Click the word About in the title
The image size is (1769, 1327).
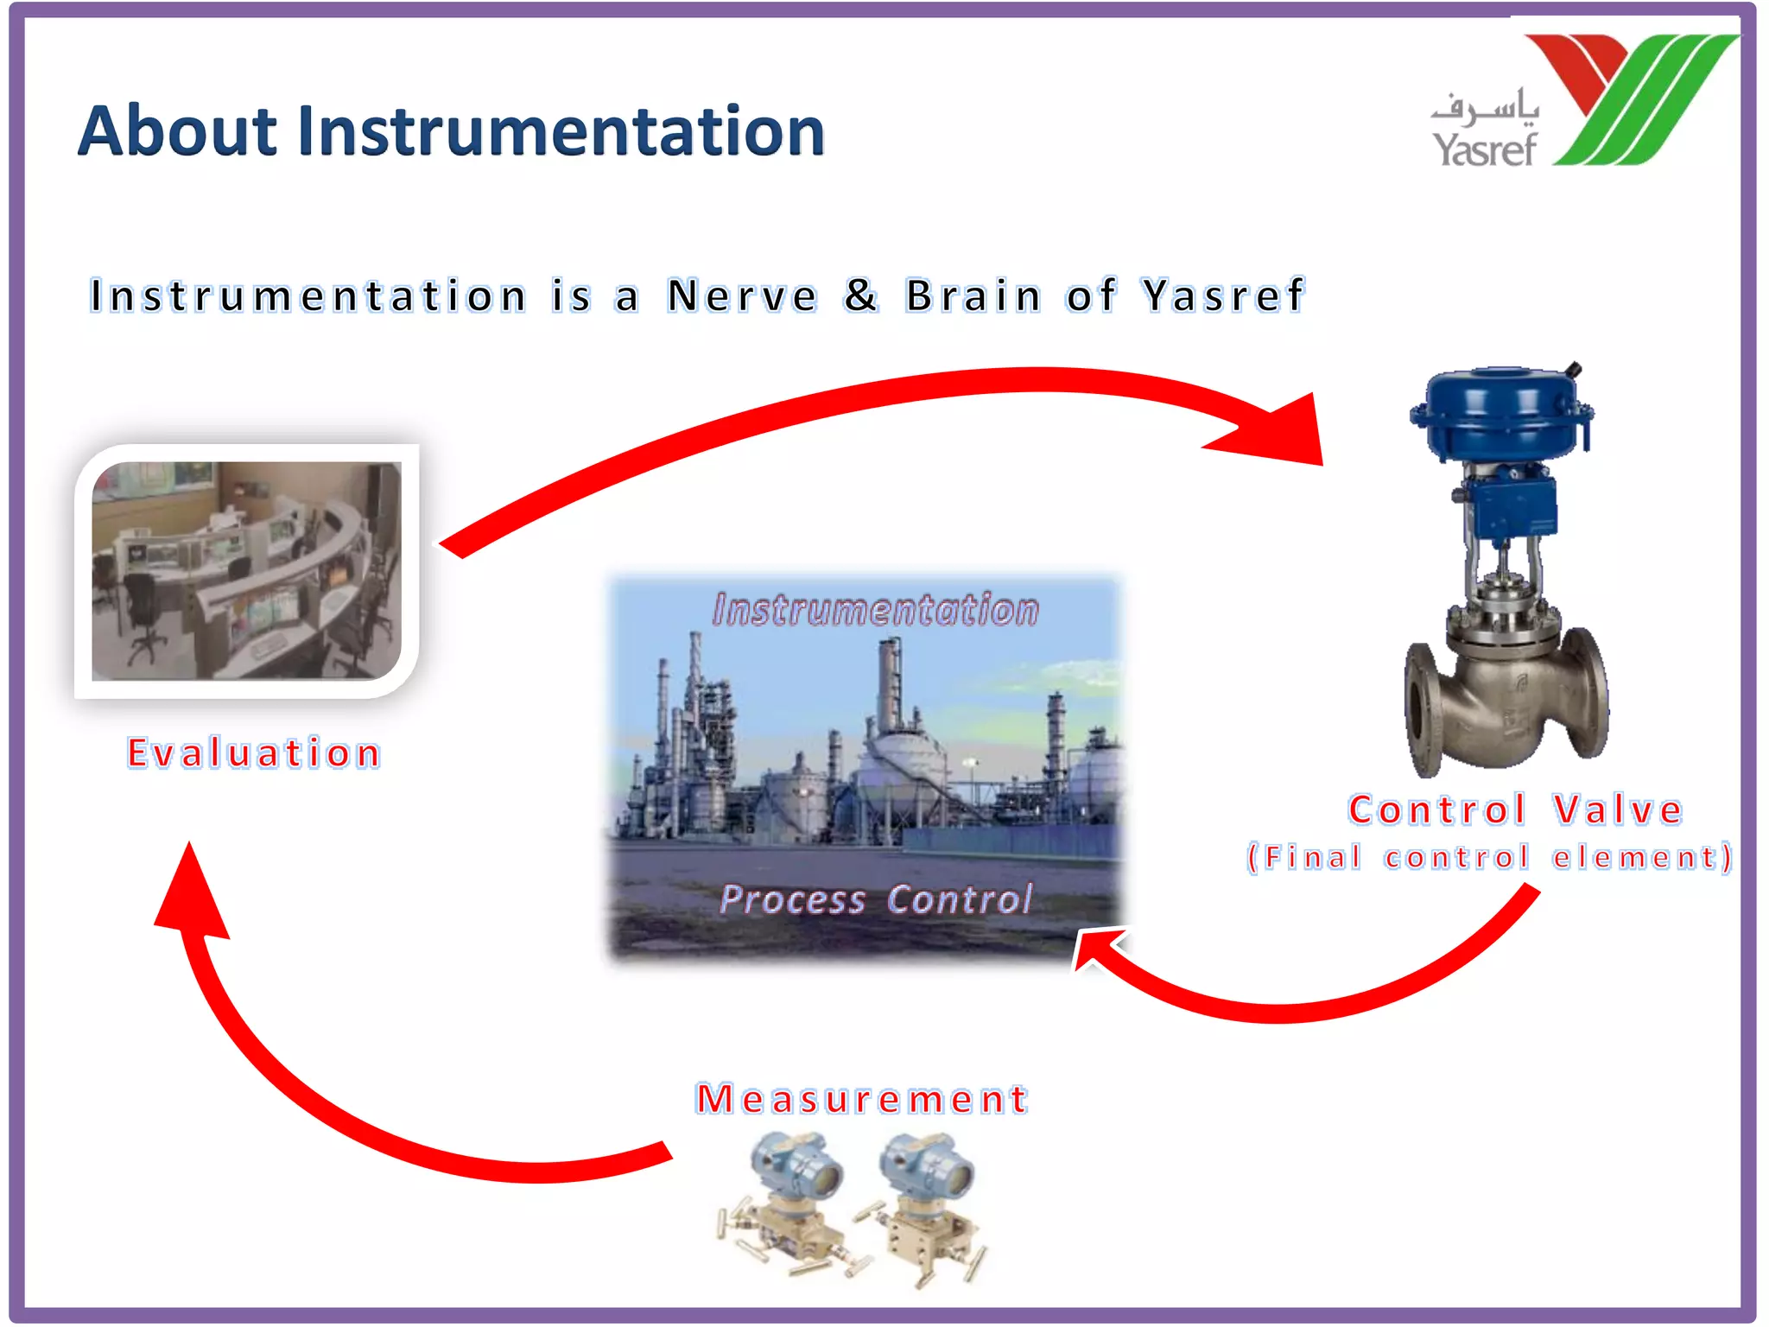pos(177,131)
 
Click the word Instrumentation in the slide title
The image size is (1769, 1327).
pos(561,131)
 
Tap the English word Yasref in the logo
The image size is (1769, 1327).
pos(1485,149)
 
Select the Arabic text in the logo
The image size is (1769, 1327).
pos(1486,106)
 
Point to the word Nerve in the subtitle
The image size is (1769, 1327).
pos(742,296)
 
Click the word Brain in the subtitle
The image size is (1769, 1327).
pos(973,296)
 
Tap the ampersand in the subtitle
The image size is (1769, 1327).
pos(861,295)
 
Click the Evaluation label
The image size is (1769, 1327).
pos(254,753)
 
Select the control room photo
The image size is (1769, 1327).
pos(247,571)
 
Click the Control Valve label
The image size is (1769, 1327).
pos(1516,810)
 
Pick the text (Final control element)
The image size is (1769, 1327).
pos(1490,857)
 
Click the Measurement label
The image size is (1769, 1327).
pos(862,1099)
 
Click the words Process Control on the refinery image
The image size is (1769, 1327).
pos(875,899)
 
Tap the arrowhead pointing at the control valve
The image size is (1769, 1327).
pos(1278,432)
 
